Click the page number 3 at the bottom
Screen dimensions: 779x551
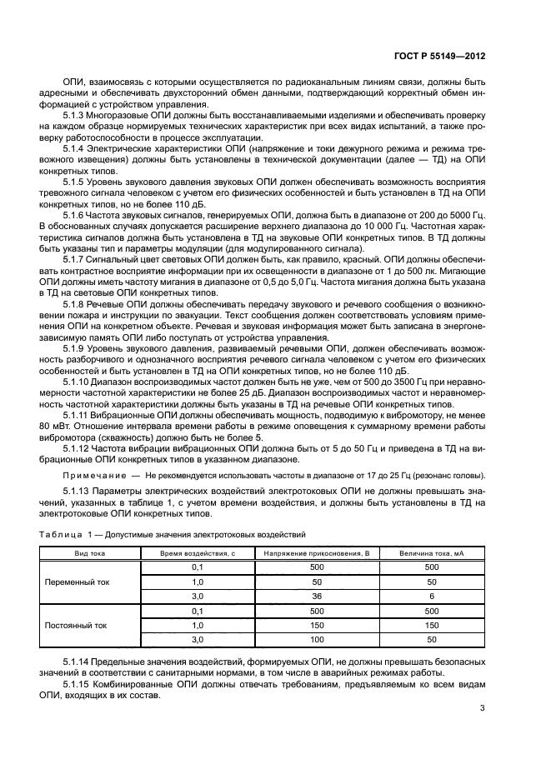(482, 708)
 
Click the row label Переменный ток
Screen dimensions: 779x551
(88, 582)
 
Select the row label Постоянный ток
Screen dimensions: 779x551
(88, 625)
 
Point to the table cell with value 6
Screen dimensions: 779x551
(431, 597)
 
